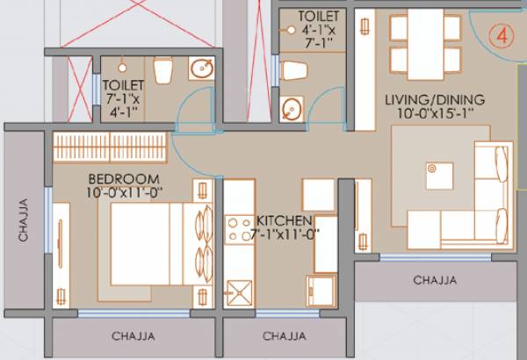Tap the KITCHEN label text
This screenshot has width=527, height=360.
pos(284,220)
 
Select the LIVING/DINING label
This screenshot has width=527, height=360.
pos(428,100)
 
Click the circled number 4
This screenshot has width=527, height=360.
pos(506,38)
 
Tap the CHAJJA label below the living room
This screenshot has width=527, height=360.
pos(437,281)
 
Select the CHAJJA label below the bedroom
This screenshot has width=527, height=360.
pos(134,336)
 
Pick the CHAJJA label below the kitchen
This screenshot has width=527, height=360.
pos(284,336)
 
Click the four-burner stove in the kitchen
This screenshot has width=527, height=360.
pos(239,230)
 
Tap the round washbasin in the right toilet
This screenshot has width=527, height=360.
pos(291,109)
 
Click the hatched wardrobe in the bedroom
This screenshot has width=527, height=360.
pos(109,147)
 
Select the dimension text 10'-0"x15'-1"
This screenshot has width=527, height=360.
pos(428,114)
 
